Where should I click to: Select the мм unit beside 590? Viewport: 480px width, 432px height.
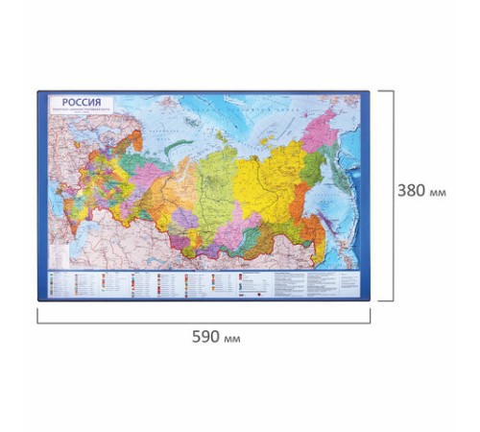(x=230, y=339)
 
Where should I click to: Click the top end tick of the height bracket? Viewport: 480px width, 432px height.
(x=384, y=90)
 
